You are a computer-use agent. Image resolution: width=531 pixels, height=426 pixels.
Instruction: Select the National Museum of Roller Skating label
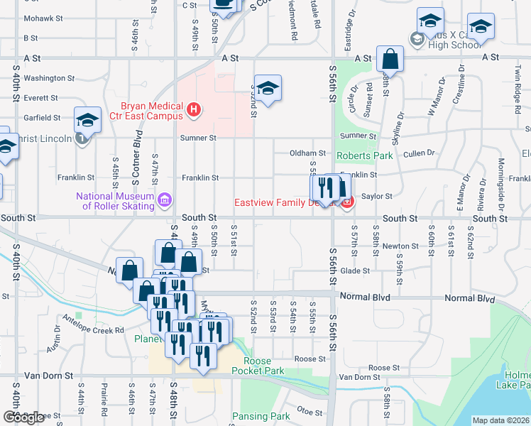(x=119, y=201)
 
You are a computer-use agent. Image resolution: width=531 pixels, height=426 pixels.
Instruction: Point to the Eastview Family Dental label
(x=287, y=202)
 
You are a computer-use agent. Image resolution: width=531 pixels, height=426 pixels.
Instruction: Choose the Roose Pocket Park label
(x=258, y=366)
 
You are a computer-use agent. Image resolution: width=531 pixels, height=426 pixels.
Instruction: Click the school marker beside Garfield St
(x=88, y=120)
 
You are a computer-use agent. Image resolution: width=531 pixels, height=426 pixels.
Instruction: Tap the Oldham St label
(x=307, y=153)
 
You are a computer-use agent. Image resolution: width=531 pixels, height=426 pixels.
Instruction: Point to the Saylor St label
(x=377, y=196)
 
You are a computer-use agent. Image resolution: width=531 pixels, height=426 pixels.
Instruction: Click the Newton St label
(x=395, y=246)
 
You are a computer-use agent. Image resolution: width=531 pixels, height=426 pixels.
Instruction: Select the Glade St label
(x=355, y=271)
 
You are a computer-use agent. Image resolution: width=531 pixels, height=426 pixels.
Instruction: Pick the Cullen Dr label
(x=419, y=153)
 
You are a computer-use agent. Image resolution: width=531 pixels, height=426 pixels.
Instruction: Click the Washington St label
(x=49, y=78)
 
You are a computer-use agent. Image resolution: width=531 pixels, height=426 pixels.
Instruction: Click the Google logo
(x=23, y=417)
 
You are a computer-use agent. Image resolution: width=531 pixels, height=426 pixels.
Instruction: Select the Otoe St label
(x=310, y=410)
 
